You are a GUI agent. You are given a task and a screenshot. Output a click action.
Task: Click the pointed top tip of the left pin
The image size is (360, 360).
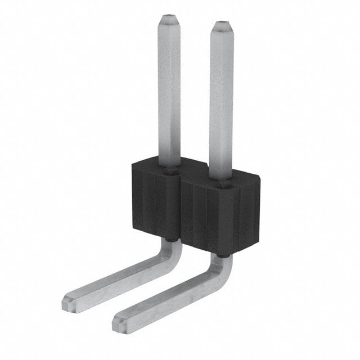(169, 18)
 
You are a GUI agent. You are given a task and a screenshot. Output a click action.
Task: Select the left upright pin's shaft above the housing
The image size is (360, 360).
(169, 90)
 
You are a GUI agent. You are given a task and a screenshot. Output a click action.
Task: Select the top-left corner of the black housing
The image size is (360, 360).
(133, 163)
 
